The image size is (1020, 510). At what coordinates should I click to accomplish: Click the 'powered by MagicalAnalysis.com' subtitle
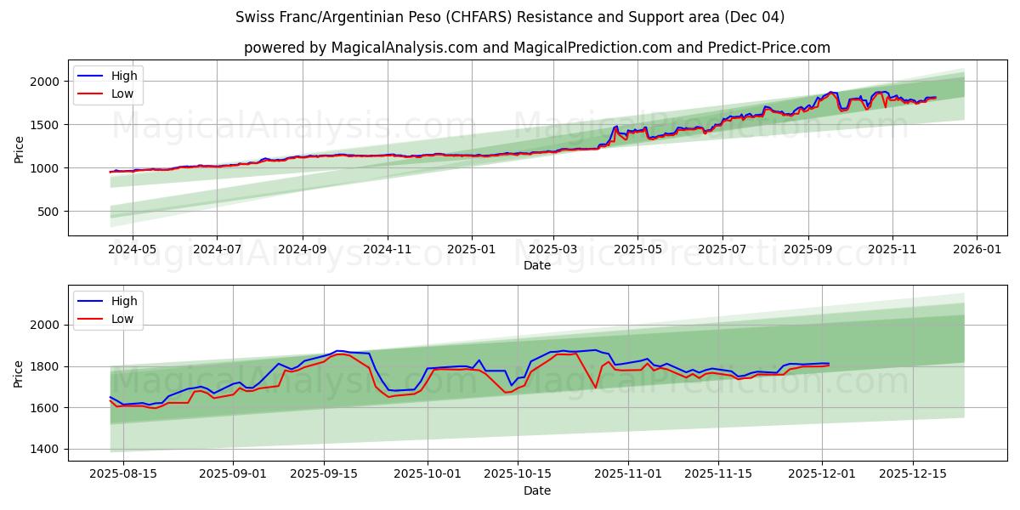point(536,48)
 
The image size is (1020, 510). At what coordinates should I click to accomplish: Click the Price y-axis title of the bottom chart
point(20,373)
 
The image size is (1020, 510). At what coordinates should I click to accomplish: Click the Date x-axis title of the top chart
point(536,265)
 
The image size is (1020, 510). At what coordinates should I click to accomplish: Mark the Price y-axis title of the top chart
point(20,148)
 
